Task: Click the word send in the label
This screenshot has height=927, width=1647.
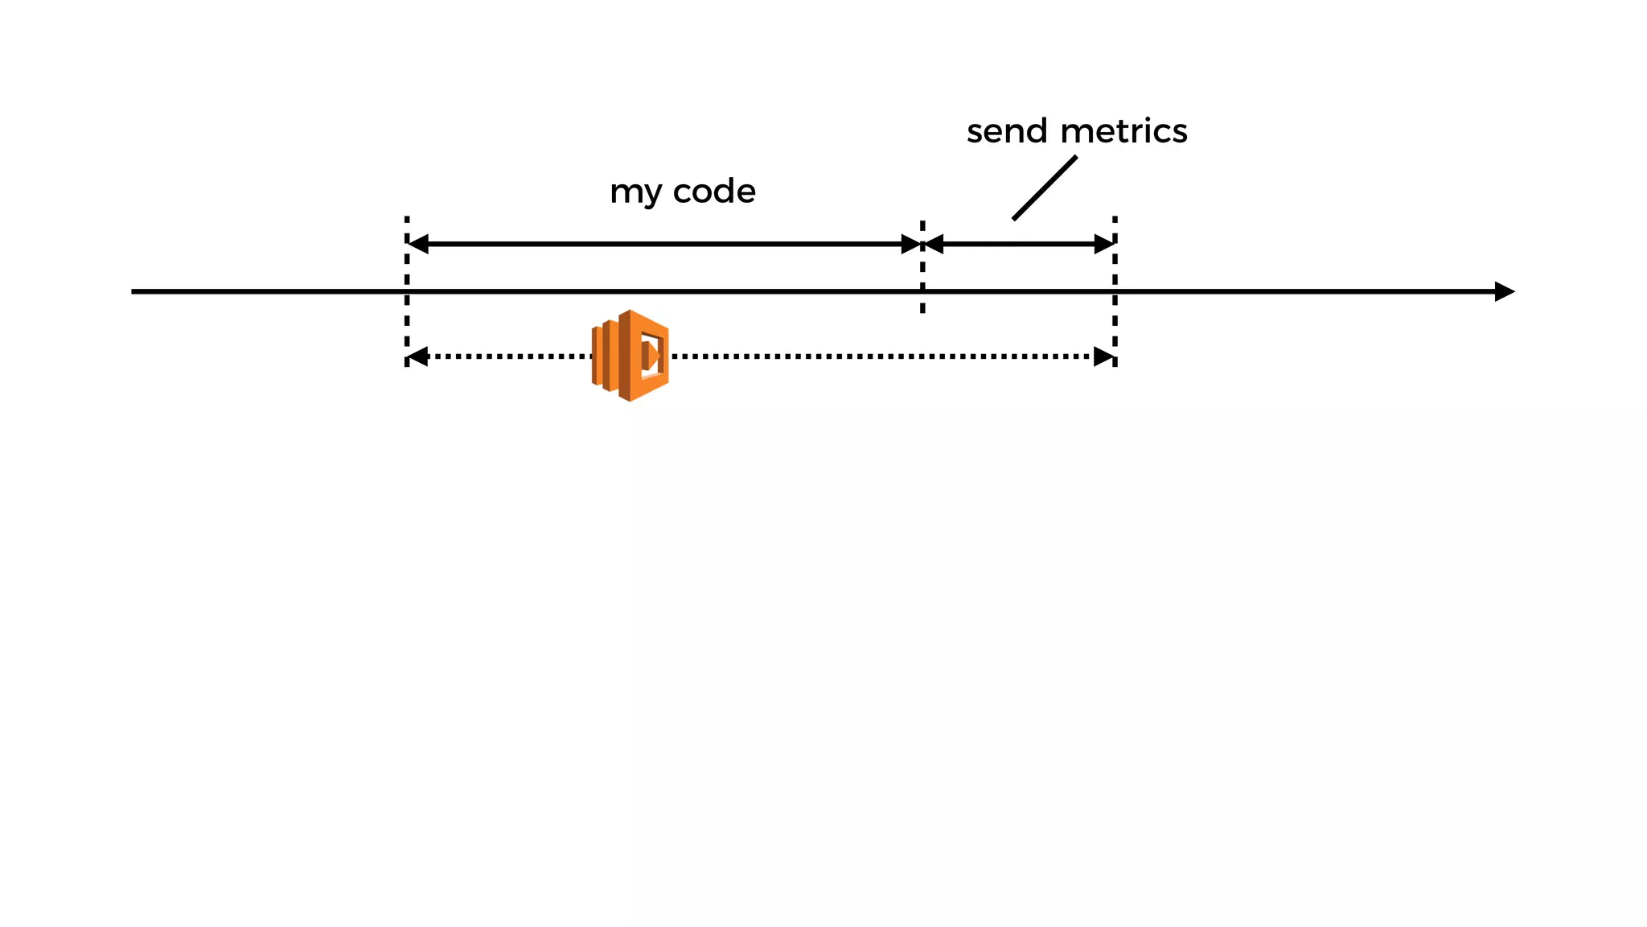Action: point(1007,131)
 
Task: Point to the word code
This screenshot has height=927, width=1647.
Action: point(714,192)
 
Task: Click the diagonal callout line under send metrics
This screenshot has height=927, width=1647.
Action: point(1044,187)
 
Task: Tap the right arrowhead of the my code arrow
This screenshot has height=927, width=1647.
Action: point(911,244)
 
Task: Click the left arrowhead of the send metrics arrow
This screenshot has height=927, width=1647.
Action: point(934,244)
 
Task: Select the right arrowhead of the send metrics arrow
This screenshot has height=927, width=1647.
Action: point(1104,244)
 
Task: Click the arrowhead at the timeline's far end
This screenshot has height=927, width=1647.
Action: point(1504,291)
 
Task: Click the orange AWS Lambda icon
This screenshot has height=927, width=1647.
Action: point(630,356)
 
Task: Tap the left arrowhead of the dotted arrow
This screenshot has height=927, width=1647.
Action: point(418,356)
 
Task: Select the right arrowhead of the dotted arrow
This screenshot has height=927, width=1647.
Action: point(1104,356)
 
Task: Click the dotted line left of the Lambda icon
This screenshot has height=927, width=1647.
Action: point(507,356)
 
